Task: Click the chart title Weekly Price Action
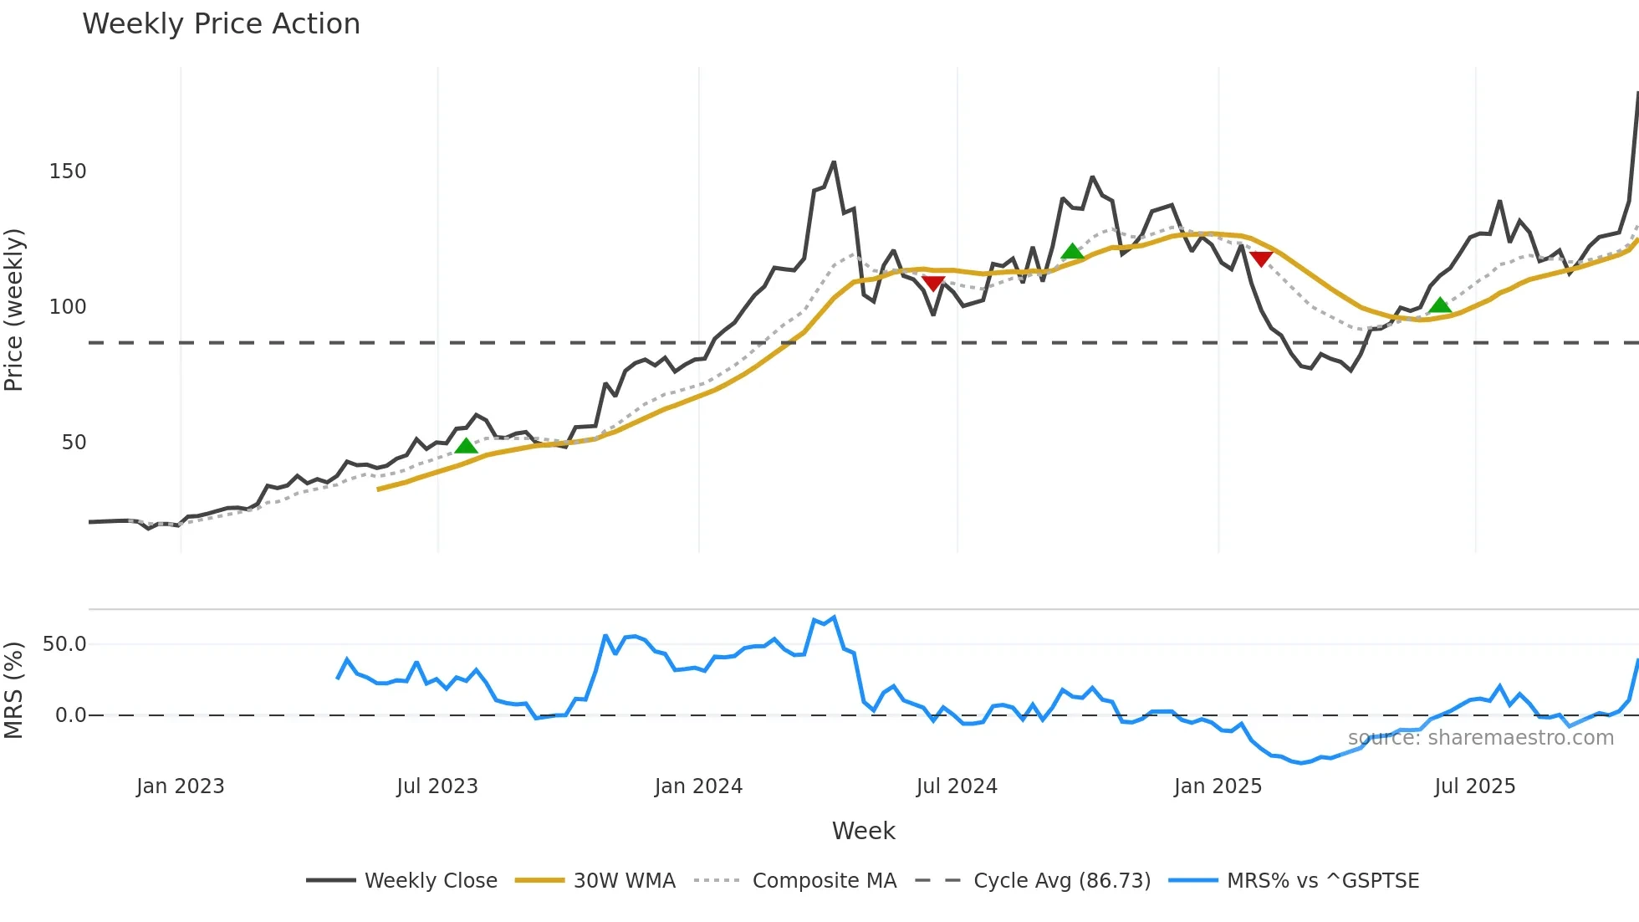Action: point(221,24)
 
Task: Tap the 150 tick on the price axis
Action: point(68,172)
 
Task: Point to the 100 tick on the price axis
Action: point(68,307)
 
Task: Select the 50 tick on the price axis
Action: point(74,443)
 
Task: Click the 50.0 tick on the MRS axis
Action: point(64,644)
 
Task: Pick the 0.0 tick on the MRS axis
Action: point(70,715)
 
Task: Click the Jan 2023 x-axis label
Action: point(181,786)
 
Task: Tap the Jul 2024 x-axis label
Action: point(957,786)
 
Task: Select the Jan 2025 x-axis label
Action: point(1218,786)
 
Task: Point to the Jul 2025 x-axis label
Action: point(1474,786)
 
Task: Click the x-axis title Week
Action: point(863,831)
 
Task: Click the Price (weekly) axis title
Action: point(14,310)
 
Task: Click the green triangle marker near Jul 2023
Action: point(466,446)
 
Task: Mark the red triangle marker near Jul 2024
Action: point(933,284)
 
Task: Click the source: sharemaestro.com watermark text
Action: point(1480,738)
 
